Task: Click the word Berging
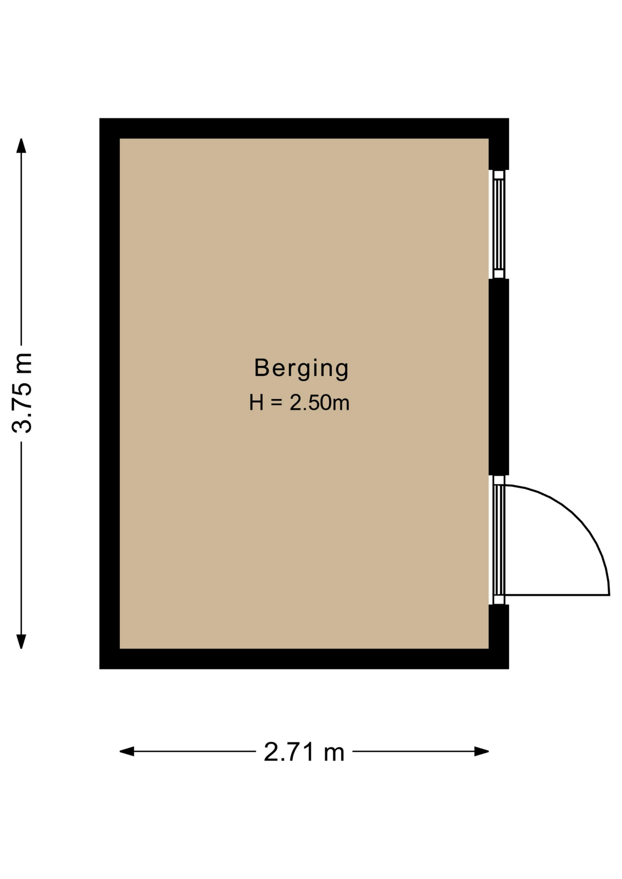click(x=301, y=369)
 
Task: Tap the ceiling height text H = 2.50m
click(x=299, y=403)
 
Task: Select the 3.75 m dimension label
click(x=22, y=393)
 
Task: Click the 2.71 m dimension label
click(x=304, y=752)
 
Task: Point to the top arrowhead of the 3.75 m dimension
click(x=21, y=146)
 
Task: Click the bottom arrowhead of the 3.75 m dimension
click(x=21, y=641)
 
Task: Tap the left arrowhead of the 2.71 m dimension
click(x=127, y=751)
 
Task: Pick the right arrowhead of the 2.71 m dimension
click(x=481, y=751)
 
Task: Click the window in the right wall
click(x=499, y=224)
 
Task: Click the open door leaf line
click(x=557, y=595)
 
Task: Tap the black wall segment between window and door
click(x=499, y=377)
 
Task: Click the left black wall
click(x=109, y=393)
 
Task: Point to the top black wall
click(x=304, y=128)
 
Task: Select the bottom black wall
click(x=304, y=659)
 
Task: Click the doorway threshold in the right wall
click(x=499, y=540)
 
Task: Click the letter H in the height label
click(x=256, y=403)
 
